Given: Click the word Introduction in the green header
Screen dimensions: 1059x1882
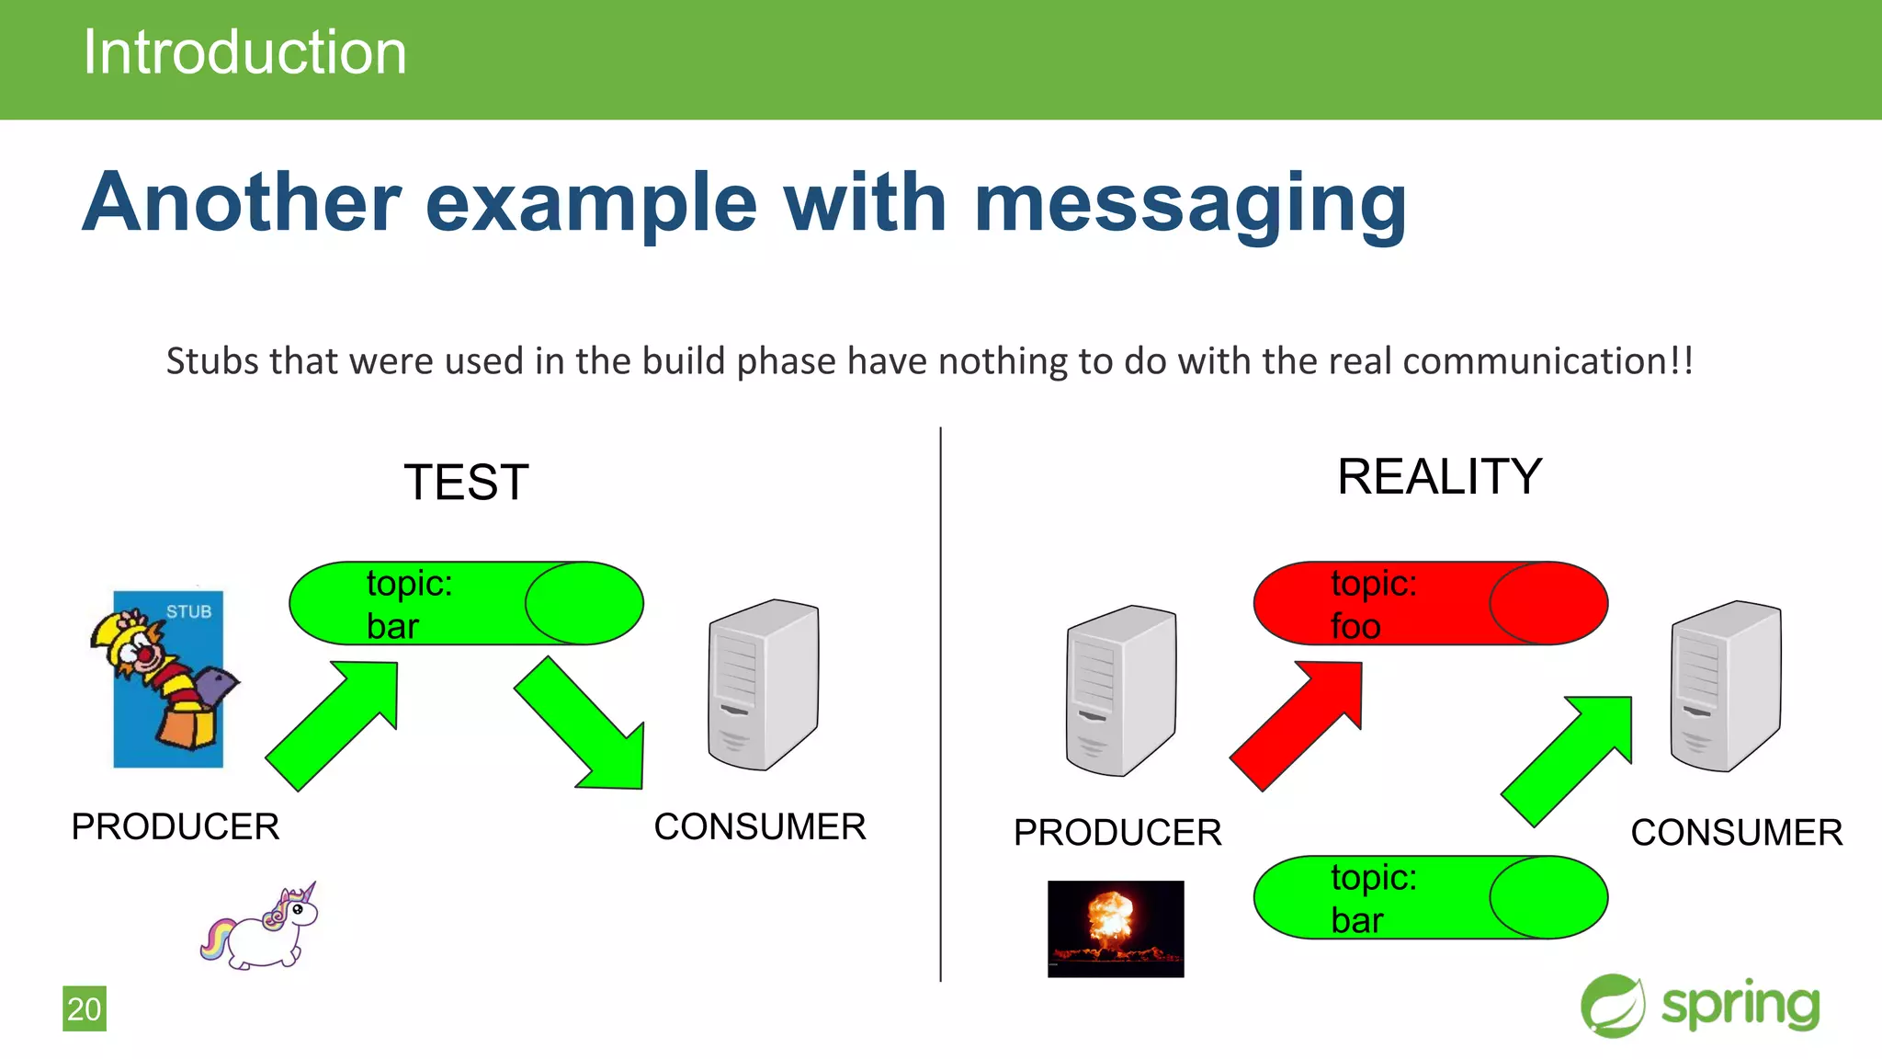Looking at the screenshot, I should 244,52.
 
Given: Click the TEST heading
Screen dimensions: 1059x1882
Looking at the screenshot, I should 466,483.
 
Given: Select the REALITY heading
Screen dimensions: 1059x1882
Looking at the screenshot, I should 1439,477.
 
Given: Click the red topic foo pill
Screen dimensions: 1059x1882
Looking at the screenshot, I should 1430,603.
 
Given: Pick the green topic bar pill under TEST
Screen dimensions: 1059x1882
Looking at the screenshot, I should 466,603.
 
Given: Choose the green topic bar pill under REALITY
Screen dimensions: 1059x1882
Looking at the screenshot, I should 1430,897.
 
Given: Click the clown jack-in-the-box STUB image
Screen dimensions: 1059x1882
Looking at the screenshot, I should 167,678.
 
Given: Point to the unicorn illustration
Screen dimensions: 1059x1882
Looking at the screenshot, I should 261,928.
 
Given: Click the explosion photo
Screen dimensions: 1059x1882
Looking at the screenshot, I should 1116,928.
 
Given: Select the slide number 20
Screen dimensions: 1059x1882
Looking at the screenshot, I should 84,1008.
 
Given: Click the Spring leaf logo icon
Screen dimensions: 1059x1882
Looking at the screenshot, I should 1612,1006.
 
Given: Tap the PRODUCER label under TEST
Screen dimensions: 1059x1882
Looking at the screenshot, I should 176,826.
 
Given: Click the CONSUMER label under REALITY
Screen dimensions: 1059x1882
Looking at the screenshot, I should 1736,833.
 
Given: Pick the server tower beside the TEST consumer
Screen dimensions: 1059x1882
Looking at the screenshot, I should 763,685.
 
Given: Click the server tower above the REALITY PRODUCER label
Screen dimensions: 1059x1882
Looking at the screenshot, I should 1120,690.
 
